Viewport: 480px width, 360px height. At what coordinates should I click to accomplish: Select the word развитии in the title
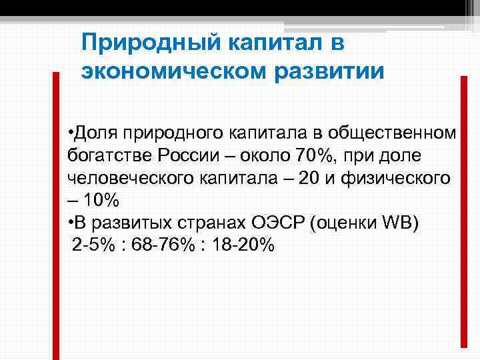click(x=330, y=71)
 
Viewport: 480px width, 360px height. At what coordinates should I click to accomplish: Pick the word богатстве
click(x=110, y=155)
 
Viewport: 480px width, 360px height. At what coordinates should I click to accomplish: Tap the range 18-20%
click(x=241, y=246)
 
